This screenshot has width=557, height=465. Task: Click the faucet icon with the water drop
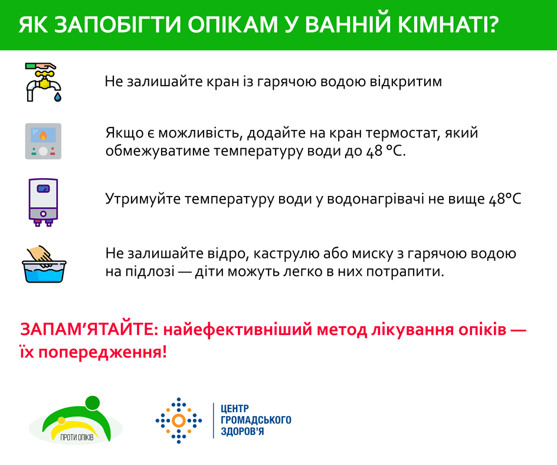[x=43, y=83]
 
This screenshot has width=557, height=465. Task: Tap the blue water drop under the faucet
[x=58, y=97]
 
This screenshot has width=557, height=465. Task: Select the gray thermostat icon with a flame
[x=43, y=141]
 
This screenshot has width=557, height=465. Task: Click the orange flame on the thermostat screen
[x=43, y=135]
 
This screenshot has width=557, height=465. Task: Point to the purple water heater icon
[x=43, y=202]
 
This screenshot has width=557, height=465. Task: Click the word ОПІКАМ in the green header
[x=232, y=25]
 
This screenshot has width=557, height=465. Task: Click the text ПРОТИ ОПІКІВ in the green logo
[x=77, y=437]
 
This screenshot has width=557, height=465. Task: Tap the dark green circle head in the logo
[x=93, y=403]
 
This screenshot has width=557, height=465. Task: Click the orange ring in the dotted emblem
[x=179, y=421]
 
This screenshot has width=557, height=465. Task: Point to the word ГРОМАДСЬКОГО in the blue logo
[x=256, y=420]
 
